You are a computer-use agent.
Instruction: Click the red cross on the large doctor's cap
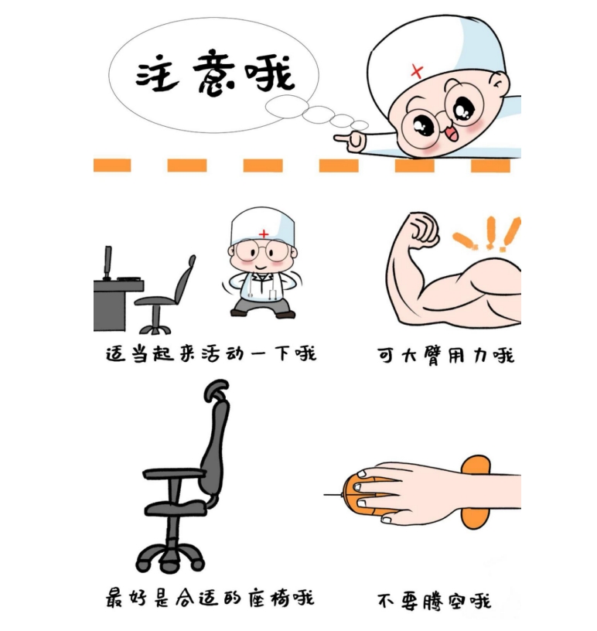417,71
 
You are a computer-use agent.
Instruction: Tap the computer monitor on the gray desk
107,262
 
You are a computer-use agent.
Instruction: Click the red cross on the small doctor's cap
264,234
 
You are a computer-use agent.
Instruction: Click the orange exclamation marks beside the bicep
487,234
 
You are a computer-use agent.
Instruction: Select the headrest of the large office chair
217,389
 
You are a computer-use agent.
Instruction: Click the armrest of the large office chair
174,474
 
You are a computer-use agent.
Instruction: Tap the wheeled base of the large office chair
170,558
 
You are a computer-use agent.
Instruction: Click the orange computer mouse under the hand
365,495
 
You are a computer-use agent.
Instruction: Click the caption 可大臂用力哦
446,356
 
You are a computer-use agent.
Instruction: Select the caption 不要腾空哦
435,602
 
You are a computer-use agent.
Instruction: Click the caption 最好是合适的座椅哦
210,598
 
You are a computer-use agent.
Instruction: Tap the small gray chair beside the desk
165,295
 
